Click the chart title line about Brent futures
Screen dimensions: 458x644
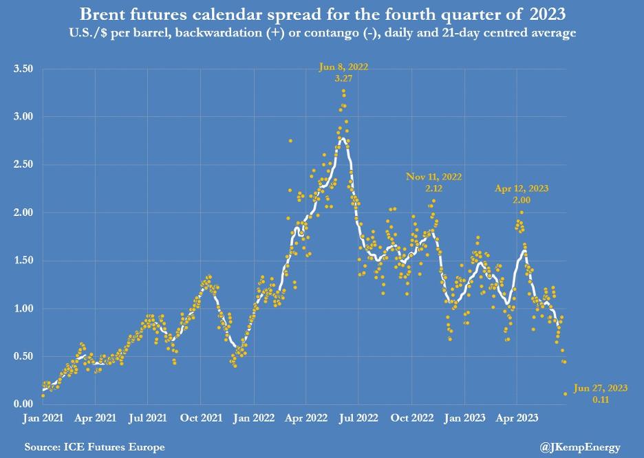coord(321,14)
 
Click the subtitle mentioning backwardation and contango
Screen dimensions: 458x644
coord(321,32)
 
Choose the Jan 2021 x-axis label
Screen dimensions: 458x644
coord(43,417)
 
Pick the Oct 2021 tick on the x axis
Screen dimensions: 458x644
coord(201,417)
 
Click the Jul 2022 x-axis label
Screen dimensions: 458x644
coord(358,417)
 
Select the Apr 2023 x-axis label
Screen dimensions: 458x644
coord(517,417)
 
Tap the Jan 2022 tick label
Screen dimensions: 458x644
coord(254,417)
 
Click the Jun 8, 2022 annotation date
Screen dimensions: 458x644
coord(343,67)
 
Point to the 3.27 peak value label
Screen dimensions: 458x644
coord(343,79)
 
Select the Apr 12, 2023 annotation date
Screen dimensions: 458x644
coord(522,188)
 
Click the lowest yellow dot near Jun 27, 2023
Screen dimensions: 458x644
coord(566,394)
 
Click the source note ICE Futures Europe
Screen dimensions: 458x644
coord(94,447)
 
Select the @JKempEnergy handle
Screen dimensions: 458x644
coord(581,447)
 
